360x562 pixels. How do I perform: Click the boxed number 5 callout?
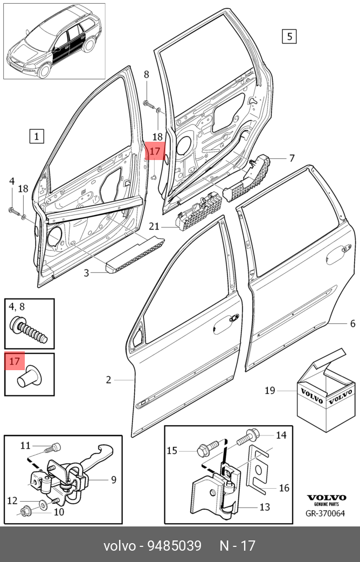coord(289,36)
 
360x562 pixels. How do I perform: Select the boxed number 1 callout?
coord(36,136)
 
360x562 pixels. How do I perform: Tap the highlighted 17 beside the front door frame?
coord(155,151)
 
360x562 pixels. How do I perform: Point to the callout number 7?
coord(292,158)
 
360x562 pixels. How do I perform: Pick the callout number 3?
coord(86,273)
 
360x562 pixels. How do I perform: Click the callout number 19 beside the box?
coord(270,390)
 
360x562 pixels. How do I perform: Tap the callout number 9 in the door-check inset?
coord(114,479)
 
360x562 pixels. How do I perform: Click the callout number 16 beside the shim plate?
coord(284,488)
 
